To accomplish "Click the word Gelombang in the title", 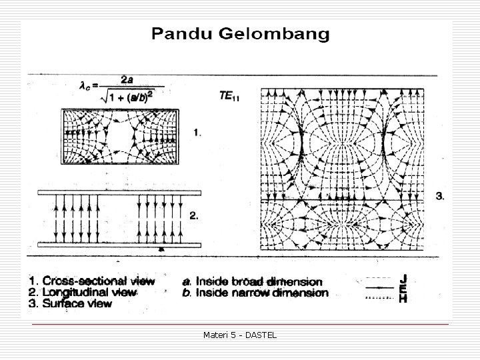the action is (x=274, y=34).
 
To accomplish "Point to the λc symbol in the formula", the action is (x=85, y=85).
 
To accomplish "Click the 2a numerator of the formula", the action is (x=126, y=79).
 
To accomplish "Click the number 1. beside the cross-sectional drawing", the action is (x=196, y=133).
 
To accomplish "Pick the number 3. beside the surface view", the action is (x=440, y=195).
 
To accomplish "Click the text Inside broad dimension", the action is (x=261, y=282).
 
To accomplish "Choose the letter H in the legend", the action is (x=403, y=299).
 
